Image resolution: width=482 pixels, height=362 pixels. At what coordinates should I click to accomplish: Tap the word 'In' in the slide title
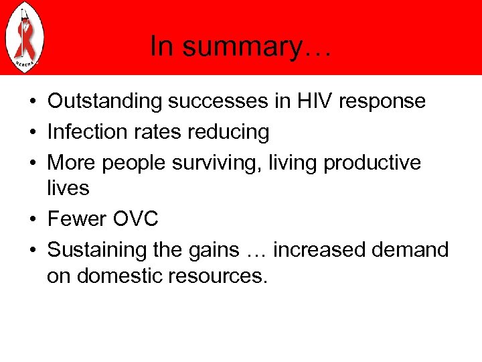[161, 47]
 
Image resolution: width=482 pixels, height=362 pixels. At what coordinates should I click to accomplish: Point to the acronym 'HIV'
[315, 101]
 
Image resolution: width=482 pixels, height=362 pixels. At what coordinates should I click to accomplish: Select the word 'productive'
[372, 163]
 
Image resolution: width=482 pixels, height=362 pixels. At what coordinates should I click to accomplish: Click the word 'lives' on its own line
[68, 188]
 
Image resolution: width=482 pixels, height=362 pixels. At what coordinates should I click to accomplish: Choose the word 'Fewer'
[76, 219]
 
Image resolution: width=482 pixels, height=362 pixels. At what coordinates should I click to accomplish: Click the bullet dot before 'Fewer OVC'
[32, 220]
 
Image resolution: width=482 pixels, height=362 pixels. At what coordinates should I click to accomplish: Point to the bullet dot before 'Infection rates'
[32, 133]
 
